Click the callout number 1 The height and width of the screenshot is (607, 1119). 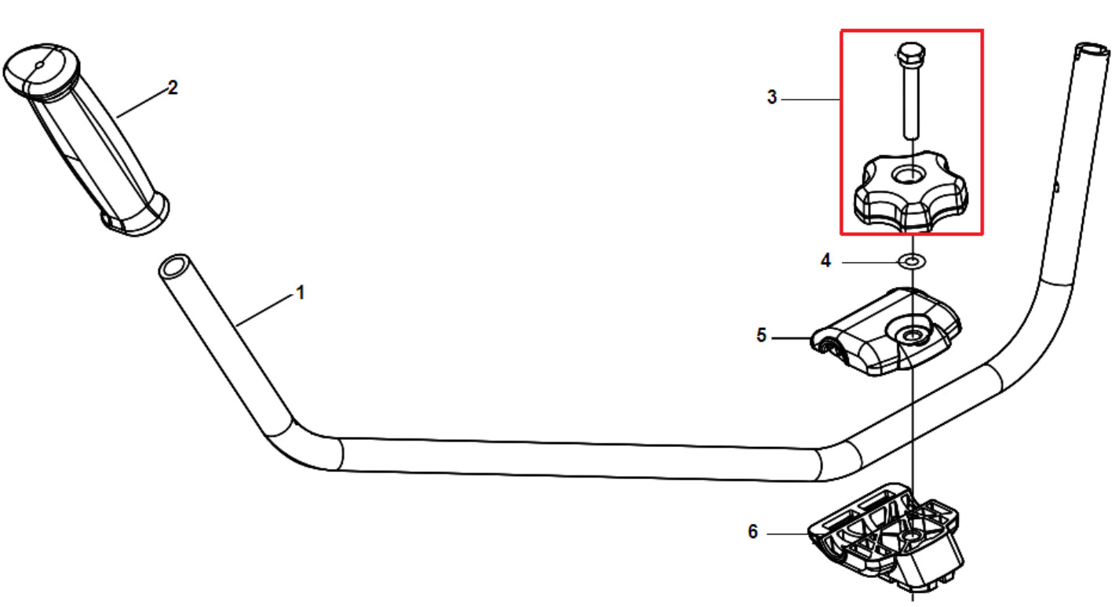(x=301, y=293)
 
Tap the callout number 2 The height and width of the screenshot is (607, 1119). (x=173, y=88)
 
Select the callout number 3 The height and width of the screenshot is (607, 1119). (x=772, y=96)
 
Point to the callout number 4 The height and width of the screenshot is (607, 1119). (x=826, y=260)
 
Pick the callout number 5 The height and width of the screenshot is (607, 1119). (x=761, y=335)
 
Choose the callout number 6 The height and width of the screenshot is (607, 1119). (x=753, y=532)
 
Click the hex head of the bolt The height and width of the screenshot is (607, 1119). (x=911, y=53)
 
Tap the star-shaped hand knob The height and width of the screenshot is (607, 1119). (x=911, y=192)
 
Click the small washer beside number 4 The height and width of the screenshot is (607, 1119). (x=912, y=261)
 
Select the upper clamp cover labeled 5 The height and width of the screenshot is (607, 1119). (x=885, y=332)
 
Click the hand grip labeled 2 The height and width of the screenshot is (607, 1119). (x=86, y=140)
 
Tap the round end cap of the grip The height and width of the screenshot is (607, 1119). (x=41, y=69)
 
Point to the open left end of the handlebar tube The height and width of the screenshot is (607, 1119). (x=173, y=268)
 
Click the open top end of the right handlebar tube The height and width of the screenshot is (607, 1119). (x=1092, y=51)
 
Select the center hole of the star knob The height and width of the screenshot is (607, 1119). (x=909, y=175)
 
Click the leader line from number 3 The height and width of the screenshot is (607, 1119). (x=811, y=100)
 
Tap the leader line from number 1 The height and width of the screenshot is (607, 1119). (x=264, y=311)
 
